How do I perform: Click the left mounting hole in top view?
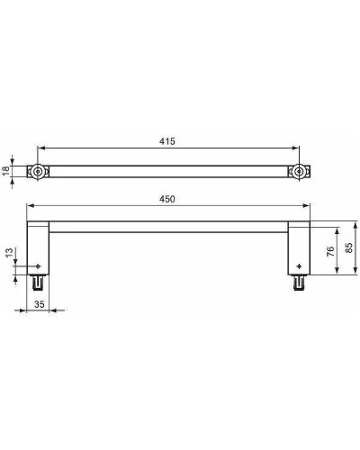point(38,171)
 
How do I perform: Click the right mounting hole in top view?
point(297,171)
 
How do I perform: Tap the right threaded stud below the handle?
point(297,283)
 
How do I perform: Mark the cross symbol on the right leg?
point(297,267)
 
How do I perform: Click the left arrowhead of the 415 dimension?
point(40,150)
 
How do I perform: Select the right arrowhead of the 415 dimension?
point(294,150)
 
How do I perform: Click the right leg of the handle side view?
point(298,247)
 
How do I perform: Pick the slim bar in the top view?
point(167,171)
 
